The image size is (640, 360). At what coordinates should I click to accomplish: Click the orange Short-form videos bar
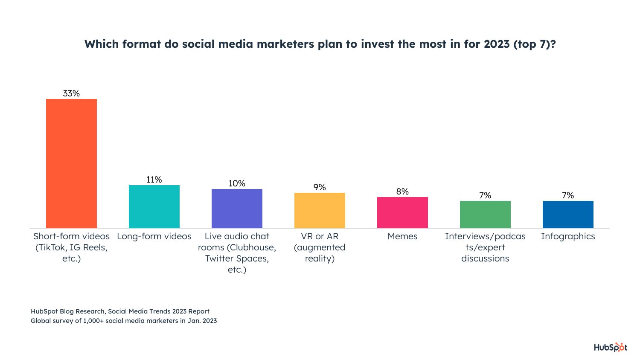[71, 163]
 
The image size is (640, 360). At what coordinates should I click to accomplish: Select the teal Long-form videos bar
[154, 206]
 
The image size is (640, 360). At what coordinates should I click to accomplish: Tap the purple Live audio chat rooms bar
[237, 209]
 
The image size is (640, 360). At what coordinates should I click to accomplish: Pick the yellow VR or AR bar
[320, 210]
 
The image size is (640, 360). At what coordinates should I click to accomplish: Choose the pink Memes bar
[402, 212]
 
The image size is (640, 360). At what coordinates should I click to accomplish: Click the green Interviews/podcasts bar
[485, 215]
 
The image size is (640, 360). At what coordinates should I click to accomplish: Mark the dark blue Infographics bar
[568, 215]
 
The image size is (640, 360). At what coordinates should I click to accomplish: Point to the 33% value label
[71, 93]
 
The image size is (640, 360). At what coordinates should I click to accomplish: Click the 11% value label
[154, 180]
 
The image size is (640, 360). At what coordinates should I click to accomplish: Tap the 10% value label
[237, 183]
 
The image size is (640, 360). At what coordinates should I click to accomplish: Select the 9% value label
[320, 187]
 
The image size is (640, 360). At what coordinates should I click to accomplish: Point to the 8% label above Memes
[402, 192]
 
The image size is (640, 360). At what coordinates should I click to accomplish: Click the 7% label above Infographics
[568, 195]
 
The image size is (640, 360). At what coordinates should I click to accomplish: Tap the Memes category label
[402, 236]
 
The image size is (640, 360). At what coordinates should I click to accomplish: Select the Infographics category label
[568, 236]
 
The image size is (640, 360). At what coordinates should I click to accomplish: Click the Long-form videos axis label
[154, 236]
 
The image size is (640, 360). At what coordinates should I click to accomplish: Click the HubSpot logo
[611, 347]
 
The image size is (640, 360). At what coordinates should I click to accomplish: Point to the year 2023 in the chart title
[497, 44]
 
